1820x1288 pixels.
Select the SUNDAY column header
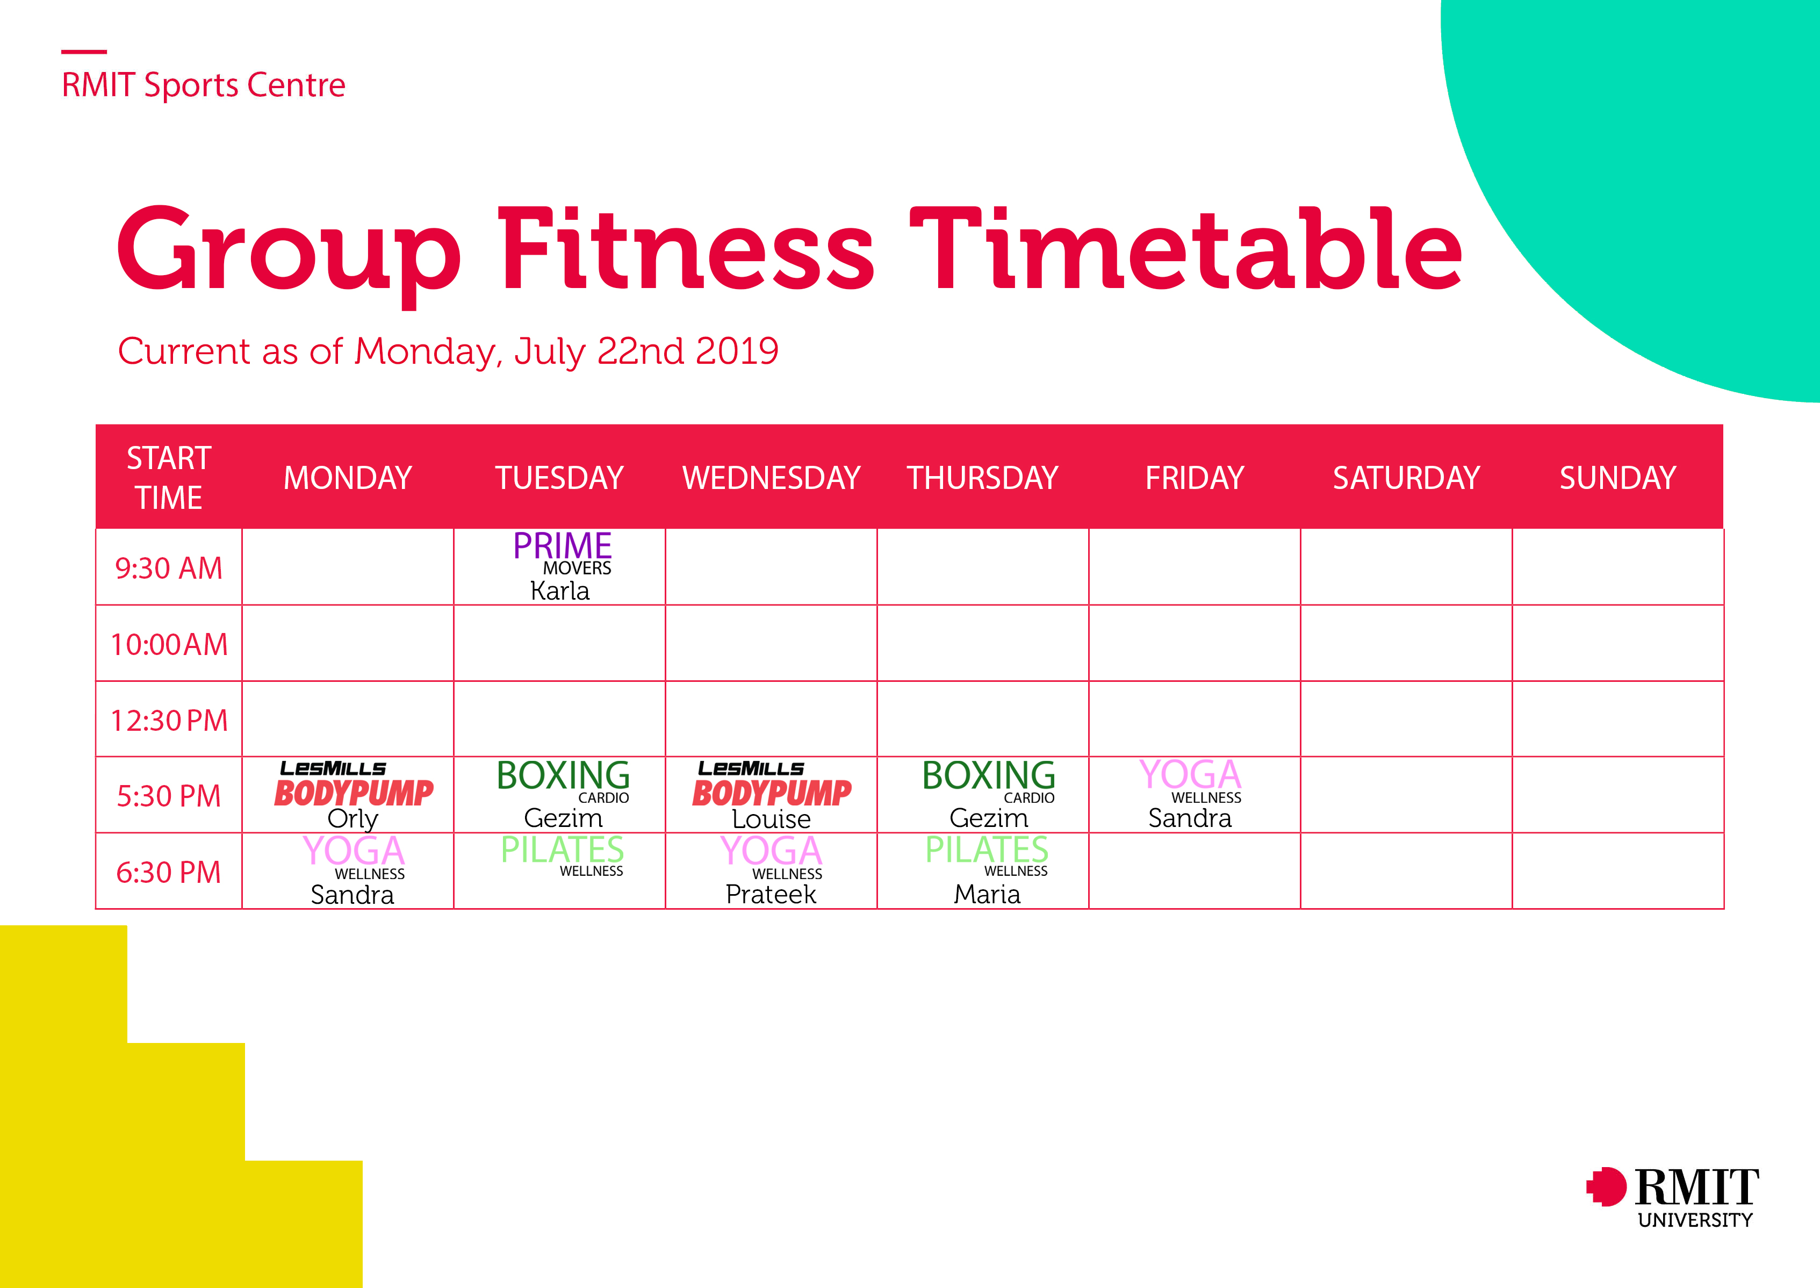1618,478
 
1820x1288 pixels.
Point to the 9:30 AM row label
169,568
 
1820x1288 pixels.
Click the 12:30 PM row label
169,720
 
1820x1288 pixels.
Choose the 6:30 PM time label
169,873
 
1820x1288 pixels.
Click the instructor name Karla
560,591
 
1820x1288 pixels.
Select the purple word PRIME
562,545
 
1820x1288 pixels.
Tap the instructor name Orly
353,818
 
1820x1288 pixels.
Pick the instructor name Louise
771,818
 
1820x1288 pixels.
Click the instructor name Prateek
771,894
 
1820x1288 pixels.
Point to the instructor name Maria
987,894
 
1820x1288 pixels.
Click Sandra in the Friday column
1190,818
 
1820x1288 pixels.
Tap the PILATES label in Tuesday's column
562,850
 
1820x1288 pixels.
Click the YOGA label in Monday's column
354,851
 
